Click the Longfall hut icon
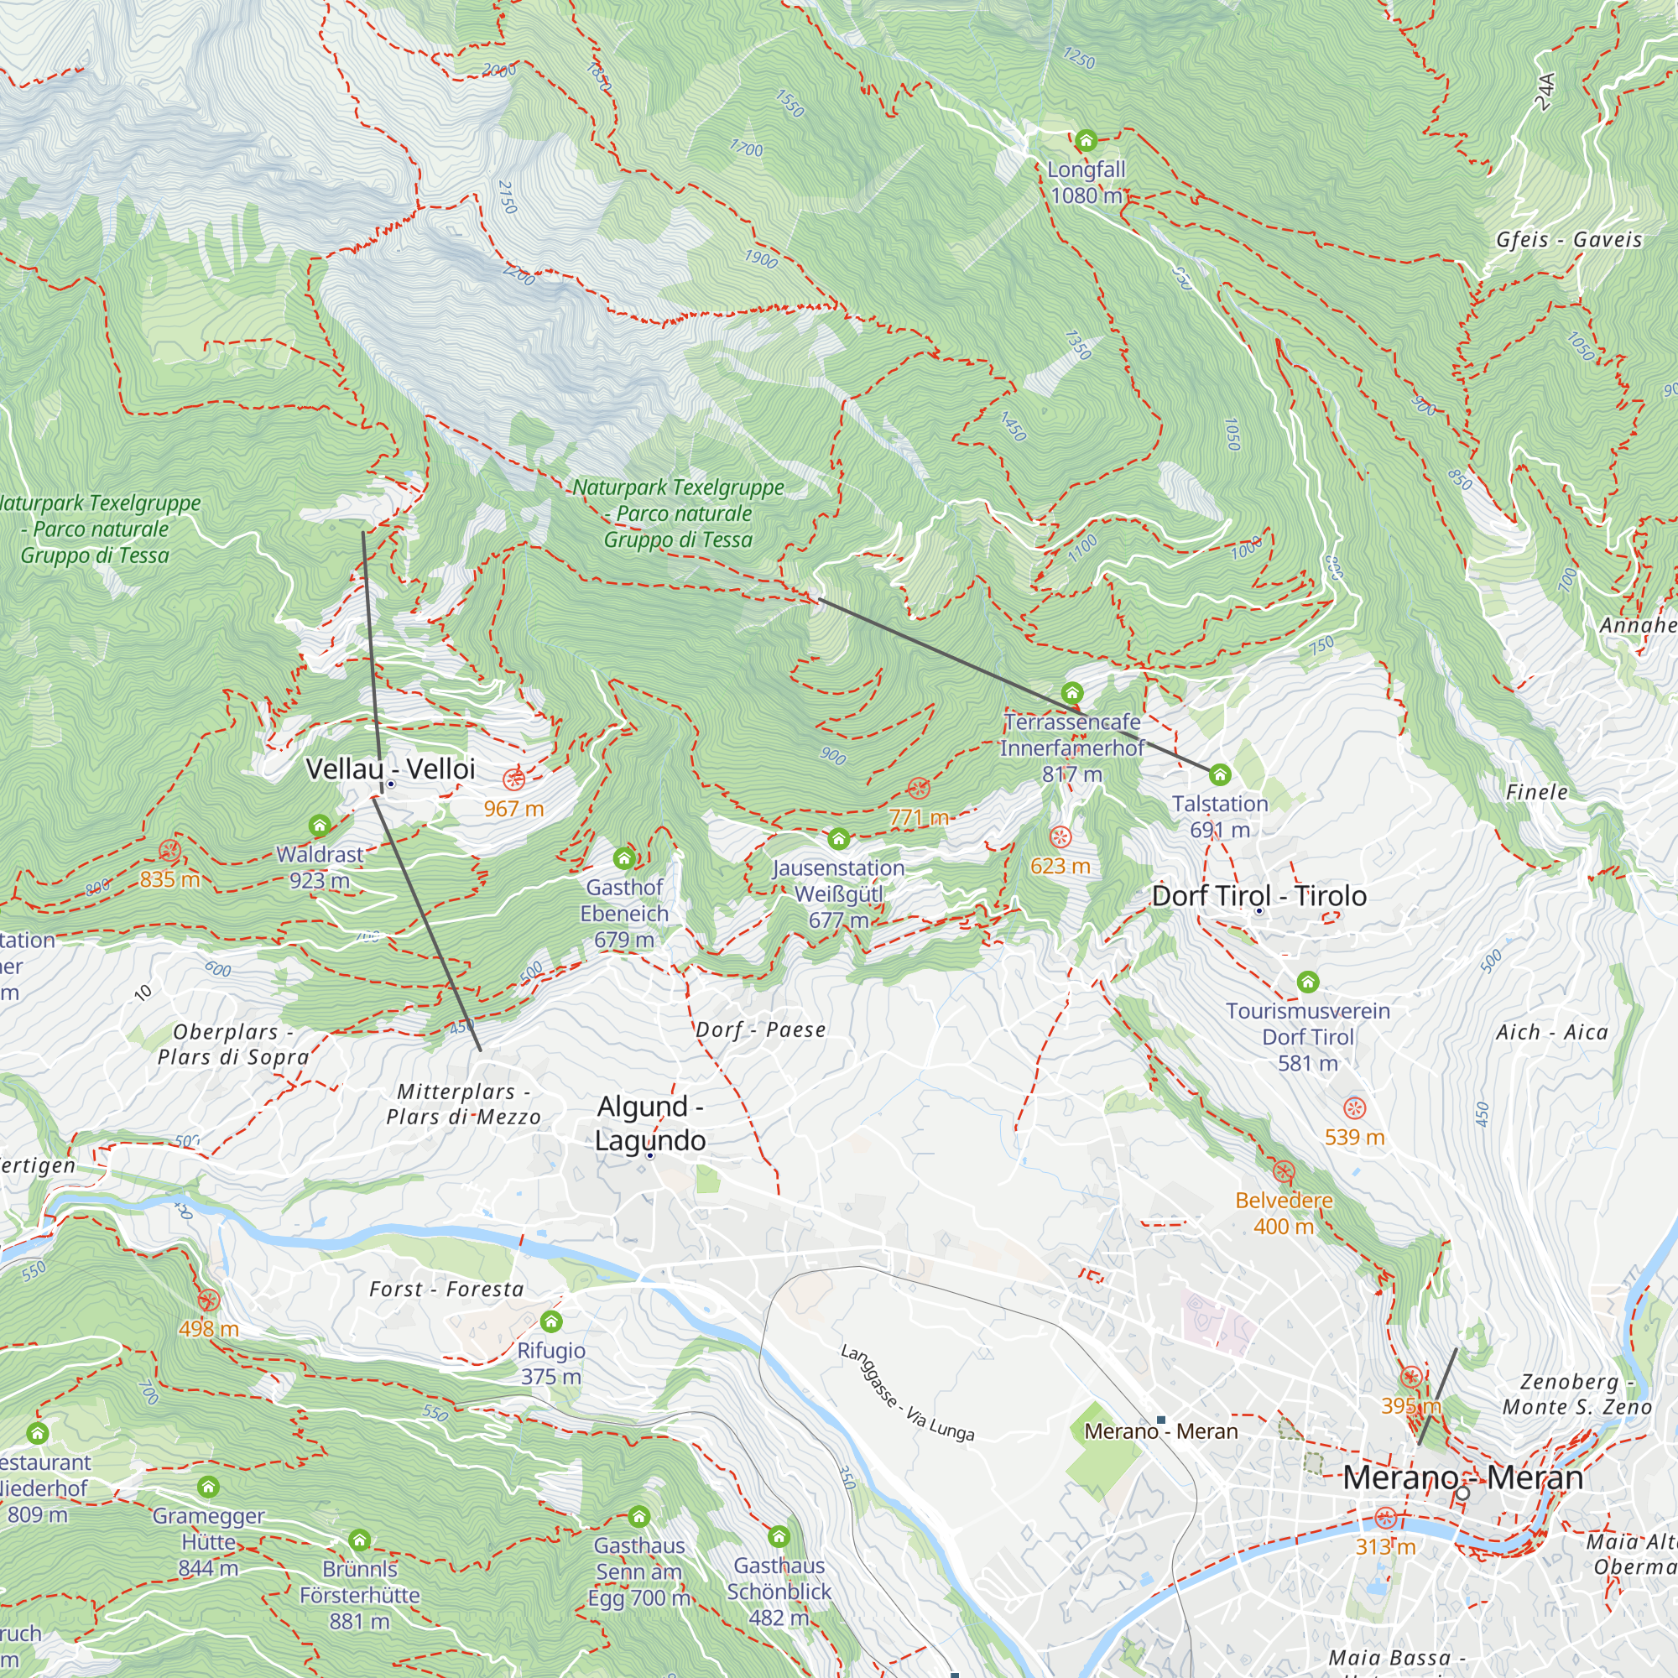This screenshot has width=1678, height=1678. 1086,140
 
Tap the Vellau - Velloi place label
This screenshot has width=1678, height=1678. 390,769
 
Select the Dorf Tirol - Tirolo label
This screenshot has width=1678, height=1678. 1258,895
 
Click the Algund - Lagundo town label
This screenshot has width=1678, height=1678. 649,1123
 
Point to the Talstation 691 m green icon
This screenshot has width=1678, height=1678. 1219,774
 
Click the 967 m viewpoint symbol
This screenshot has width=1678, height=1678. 514,779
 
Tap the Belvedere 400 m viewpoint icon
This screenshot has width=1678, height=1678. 1284,1171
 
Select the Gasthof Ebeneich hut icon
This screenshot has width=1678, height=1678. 623,858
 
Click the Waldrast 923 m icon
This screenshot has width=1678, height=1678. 320,824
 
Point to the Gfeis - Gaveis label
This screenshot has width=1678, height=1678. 1569,240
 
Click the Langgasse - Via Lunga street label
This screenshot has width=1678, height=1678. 907,1393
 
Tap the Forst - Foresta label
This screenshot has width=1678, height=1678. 446,1289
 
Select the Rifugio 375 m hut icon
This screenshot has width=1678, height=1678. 551,1321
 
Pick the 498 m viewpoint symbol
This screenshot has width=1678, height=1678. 208,1300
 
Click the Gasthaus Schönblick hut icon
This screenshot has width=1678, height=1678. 779,1536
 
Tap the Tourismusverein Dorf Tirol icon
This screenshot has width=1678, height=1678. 1308,982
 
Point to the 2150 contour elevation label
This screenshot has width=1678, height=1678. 508,197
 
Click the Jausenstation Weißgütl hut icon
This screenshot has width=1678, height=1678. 838,838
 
